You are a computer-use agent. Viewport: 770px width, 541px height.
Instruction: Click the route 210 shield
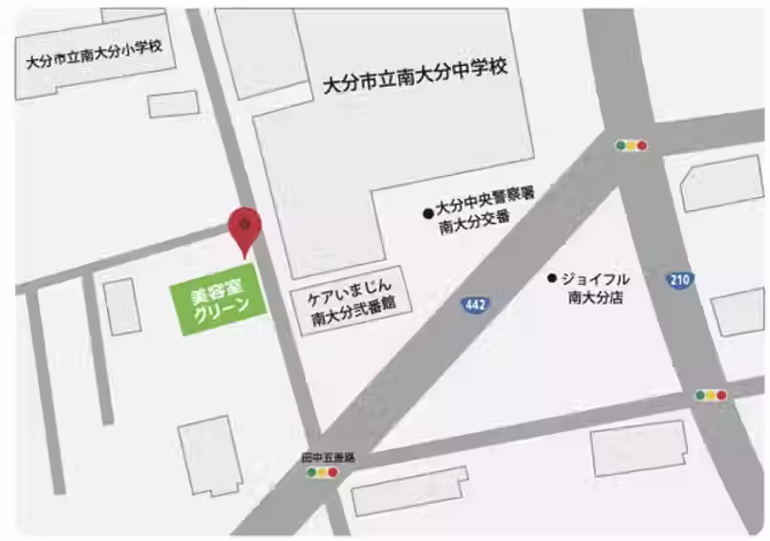(x=679, y=280)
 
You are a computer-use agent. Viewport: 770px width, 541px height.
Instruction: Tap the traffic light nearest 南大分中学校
(x=631, y=146)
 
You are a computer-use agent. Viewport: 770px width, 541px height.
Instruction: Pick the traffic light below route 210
(x=711, y=395)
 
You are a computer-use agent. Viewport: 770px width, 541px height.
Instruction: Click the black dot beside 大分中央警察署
(x=428, y=213)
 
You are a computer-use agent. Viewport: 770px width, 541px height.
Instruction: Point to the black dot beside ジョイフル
(x=551, y=278)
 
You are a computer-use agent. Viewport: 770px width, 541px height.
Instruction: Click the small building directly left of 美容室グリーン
(x=122, y=306)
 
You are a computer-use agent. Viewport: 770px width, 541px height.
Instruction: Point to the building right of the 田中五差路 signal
(x=409, y=490)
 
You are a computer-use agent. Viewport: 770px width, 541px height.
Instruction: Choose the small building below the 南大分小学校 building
(x=174, y=103)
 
